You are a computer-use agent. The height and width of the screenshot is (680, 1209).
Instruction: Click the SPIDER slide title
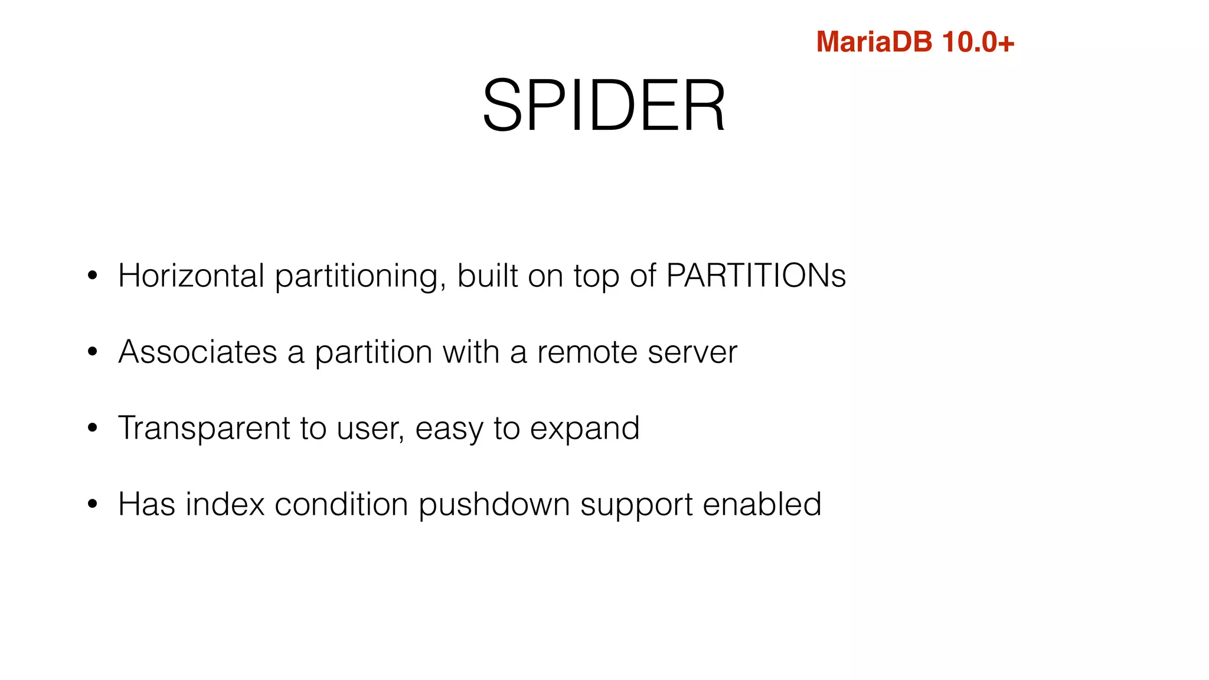(x=604, y=106)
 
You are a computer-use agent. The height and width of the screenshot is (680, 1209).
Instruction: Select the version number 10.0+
(x=978, y=42)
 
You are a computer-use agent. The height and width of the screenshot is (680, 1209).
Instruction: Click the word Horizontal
(x=191, y=276)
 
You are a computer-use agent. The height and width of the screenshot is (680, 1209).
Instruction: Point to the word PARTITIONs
(x=756, y=276)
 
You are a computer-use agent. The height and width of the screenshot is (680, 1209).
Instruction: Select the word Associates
(x=197, y=352)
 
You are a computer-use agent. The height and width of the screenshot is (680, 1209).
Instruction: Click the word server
(x=692, y=352)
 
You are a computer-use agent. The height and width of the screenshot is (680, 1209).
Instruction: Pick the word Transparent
(x=204, y=428)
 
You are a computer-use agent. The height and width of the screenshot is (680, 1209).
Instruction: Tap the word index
(x=224, y=504)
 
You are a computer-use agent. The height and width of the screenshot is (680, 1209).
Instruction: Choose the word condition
(x=341, y=504)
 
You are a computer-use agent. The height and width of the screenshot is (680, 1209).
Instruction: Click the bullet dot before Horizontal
(x=92, y=276)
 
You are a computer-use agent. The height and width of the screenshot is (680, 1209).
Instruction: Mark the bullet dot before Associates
(x=92, y=352)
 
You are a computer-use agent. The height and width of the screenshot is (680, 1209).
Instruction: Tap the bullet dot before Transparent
(x=92, y=428)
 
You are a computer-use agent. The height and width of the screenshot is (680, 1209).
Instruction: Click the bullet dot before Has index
(x=92, y=504)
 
